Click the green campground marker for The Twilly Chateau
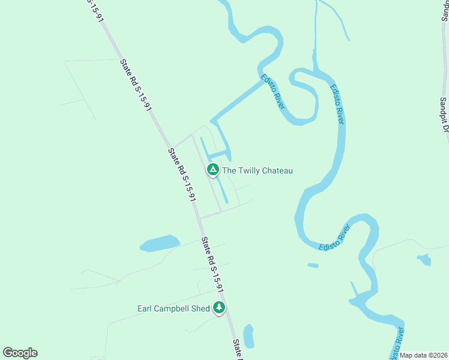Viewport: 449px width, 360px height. point(212,170)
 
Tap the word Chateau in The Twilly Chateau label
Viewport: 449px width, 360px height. point(274,171)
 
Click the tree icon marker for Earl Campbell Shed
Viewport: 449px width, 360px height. point(219,308)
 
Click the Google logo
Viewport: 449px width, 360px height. point(20,353)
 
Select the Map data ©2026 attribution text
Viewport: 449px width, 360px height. point(423,355)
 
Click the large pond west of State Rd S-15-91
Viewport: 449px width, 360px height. point(159,243)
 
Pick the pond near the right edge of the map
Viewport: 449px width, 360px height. point(424,259)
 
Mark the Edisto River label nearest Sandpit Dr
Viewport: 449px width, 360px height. point(337,104)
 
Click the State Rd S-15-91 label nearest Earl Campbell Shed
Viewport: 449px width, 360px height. point(212,265)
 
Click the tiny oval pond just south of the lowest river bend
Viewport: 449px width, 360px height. point(313,265)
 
